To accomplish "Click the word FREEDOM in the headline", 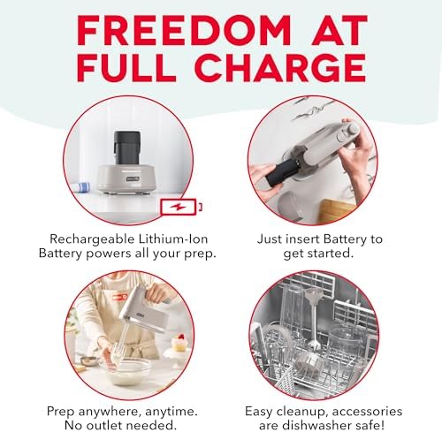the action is [x=184, y=30].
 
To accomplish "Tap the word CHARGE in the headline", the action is [x=280, y=68].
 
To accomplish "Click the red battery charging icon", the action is [x=181, y=207].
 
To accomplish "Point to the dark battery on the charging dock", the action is [x=127, y=148].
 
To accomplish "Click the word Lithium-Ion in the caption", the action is [x=173, y=239].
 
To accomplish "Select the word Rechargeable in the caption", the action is [x=92, y=239].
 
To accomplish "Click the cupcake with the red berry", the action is [x=179, y=343].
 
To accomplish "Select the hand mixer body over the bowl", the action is [x=144, y=312].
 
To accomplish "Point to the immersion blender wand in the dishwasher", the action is [x=314, y=319].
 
